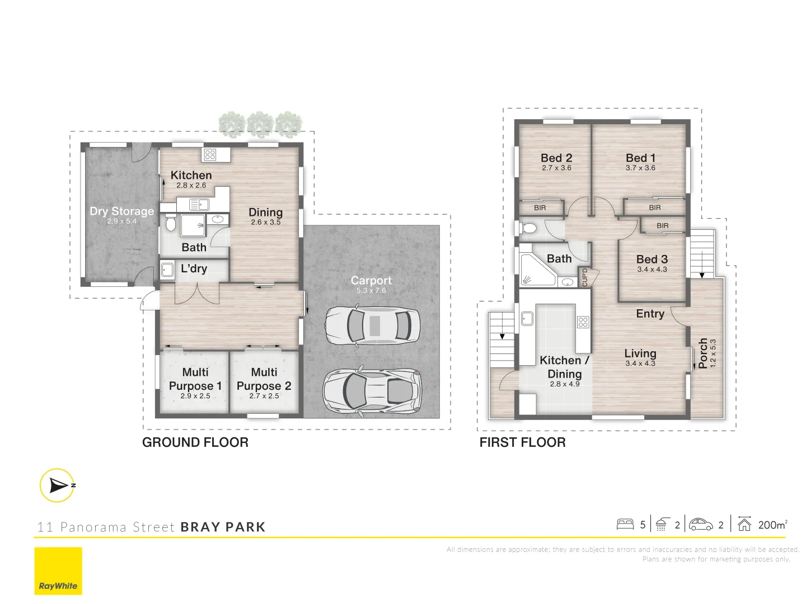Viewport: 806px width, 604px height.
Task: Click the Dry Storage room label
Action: pos(121,211)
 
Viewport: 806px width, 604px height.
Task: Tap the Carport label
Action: pos(371,281)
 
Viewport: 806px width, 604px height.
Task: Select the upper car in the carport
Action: pos(372,325)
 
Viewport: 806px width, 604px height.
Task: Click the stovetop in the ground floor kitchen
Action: pos(210,154)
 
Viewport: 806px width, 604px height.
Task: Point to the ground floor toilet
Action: pos(171,224)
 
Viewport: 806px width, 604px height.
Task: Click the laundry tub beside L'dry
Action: pos(167,270)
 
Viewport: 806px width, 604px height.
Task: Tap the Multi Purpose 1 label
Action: pos(195,379)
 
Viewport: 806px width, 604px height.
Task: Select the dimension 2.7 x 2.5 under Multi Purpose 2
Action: pos(264,396)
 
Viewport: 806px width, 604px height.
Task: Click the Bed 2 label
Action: pos(556,158)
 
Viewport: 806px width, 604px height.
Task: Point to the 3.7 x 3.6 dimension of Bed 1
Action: pos(640,168)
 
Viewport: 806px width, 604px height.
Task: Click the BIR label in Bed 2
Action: pos(540,208)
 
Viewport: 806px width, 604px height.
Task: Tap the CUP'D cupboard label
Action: pos(585,277)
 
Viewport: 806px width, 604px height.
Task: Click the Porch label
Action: pos(703,353)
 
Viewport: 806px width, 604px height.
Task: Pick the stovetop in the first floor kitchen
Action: pos(583,322)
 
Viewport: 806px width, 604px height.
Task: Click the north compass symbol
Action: pos(57,485)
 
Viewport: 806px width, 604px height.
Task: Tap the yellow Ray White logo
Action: pos(58,570)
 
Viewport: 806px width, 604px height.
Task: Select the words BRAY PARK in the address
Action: pos(223,527)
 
